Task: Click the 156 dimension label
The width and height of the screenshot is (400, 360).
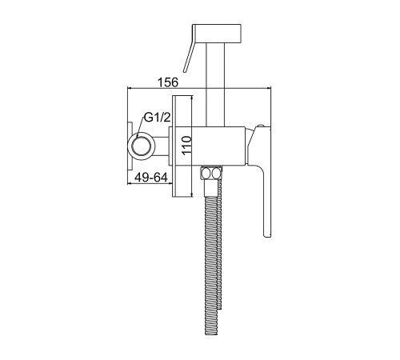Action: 168,82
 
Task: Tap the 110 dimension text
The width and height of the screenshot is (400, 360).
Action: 186,145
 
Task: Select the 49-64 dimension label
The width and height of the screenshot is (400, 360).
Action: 151,178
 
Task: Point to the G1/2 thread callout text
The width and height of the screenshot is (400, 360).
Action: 157,118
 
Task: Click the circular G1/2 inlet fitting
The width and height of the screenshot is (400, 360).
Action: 142,146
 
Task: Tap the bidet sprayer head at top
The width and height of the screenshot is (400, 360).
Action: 217,33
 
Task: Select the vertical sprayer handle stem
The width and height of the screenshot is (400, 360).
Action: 215,84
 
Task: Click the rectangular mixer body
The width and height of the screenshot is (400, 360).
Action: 218,146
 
